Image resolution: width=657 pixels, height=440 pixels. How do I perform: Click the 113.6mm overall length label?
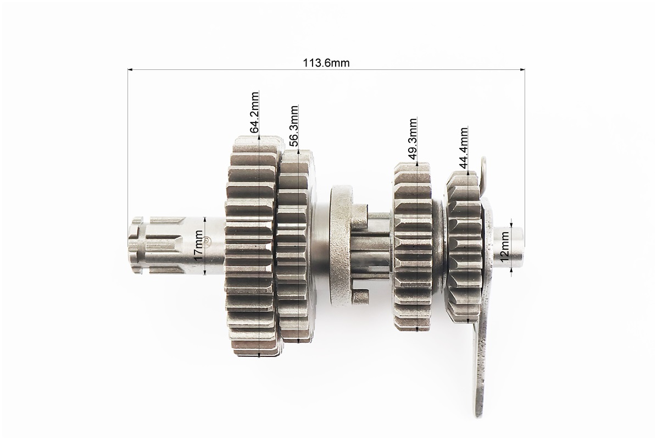tap(326, 63)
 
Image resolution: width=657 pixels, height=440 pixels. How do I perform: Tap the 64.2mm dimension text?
tap(254, 112)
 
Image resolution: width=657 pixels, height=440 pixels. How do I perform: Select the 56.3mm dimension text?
tap(293, 125)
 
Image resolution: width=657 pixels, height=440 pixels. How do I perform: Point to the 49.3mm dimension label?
tap(413, 139)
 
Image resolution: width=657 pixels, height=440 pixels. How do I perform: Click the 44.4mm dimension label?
tap(463, 147)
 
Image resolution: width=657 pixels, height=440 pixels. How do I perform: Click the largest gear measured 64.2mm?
tap(252, 246)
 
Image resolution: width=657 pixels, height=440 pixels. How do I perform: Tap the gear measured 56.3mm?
tap(297, 246)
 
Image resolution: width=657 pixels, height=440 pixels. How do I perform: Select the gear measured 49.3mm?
tap(414, 246)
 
